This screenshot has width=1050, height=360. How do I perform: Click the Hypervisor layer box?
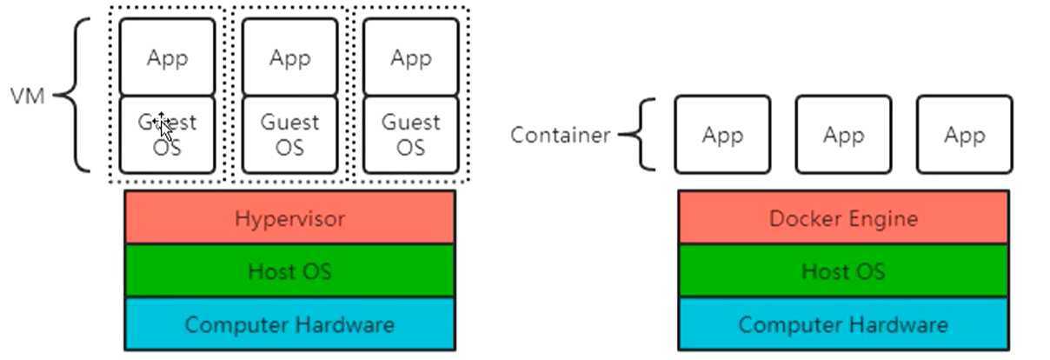pos(289,217)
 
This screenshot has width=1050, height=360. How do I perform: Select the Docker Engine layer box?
pos(843,217)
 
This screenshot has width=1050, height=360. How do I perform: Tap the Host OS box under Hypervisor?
pos(289,271)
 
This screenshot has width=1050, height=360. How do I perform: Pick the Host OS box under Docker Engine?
pos(843,271)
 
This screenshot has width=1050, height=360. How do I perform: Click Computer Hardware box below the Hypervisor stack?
pos(289,324)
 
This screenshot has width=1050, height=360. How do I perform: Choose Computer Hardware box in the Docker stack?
pos(843,324)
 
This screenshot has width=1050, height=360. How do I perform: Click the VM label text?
pos(27,96)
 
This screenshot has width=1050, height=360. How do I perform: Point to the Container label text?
pos(560,136)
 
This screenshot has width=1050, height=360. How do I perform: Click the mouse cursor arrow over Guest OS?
pos(166,130)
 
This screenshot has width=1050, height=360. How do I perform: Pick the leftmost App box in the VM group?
pos(167,57)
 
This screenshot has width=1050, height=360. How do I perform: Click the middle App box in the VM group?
pos(289,57)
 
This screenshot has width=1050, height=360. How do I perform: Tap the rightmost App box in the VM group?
pos(410,57)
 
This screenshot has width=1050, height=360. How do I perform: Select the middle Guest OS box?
pos(289,135)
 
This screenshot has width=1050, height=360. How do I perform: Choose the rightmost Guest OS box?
pos(410,135)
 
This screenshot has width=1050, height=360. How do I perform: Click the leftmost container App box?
pos(721,135)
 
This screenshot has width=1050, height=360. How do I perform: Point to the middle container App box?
pos(843,135)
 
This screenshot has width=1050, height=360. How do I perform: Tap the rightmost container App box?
pos(964,135)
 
